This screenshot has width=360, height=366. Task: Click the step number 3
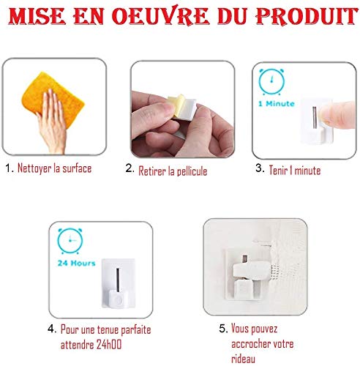pos(258,168)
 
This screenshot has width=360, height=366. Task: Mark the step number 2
pos(129,169)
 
